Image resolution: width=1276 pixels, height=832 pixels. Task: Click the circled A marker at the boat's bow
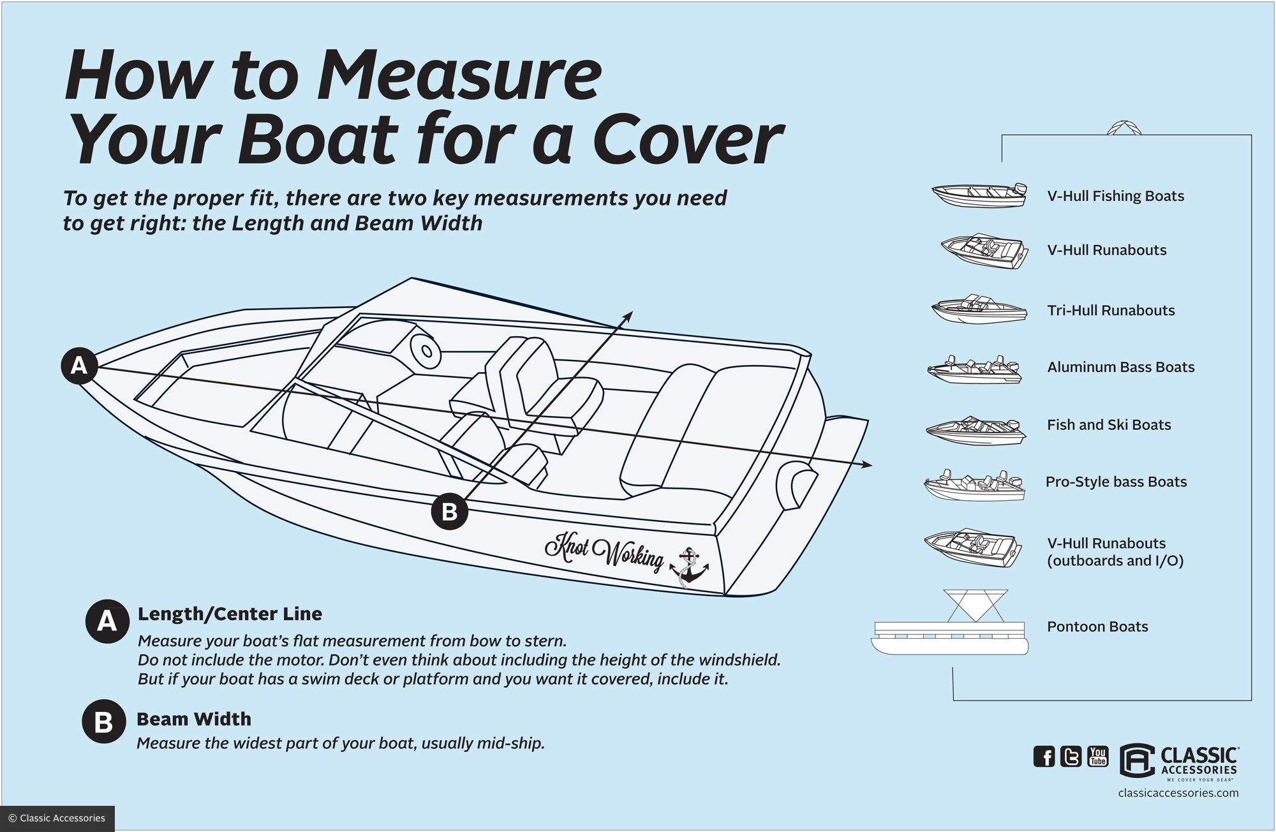coord(78,366)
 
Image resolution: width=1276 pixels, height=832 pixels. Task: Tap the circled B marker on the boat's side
coord(450,512)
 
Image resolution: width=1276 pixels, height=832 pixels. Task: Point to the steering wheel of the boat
coord(426,351)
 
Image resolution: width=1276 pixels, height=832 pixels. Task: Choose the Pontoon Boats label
coord(1097,627)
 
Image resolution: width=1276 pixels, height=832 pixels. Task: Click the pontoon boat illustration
coord(950,628)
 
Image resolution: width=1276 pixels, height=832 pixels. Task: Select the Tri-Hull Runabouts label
coord(1111,311)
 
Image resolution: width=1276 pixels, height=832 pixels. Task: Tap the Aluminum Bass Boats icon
coord(974,369)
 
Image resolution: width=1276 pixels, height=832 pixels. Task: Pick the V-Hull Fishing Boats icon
coord(979,195)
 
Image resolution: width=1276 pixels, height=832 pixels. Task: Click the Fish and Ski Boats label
coord(1109,425)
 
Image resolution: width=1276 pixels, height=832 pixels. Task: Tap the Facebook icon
coord(1044,757)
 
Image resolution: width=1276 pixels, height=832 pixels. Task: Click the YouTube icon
coord(1098,756)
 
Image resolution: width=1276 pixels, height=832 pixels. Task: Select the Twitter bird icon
coord(1071,757)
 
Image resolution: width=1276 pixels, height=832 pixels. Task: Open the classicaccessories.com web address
coord(1178,793)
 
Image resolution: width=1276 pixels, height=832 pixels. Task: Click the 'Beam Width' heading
coord(194,719)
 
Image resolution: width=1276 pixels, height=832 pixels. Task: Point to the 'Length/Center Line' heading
coord(230,614)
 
